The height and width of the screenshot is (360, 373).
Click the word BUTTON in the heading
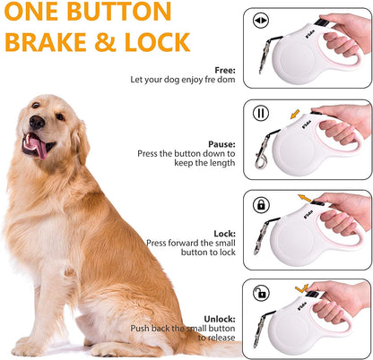click(x=119, y=13)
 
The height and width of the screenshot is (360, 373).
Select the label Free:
click(x=225, y=70)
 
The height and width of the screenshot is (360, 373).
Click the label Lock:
click(x=224, y=233)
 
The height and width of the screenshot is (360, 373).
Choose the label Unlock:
click(x=220, y=318)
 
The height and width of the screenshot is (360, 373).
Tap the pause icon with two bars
click(x=261, y=115)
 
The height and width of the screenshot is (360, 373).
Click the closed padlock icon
click(x=261, y=204)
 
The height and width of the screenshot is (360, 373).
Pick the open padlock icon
click(x=261, y=293)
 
